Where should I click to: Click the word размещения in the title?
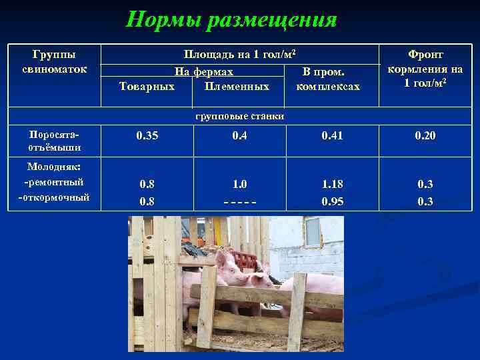tap(273, 20)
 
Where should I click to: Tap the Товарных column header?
tap(147, 87)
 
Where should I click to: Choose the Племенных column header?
tap(237, 87)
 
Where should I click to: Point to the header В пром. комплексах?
tap(328, 79)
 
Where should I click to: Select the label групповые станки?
tap(240, 116)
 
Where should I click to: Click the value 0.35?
tap(147, 136)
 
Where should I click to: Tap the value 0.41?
tap(332, 136)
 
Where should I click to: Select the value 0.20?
tap(425, 136)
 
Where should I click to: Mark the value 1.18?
tap(332, 184)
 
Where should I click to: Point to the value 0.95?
tap(332, 201)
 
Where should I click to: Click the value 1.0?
tap(239, 184)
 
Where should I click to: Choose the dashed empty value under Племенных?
tap(239, 201)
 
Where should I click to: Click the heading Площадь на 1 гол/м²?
tap(239, 53)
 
